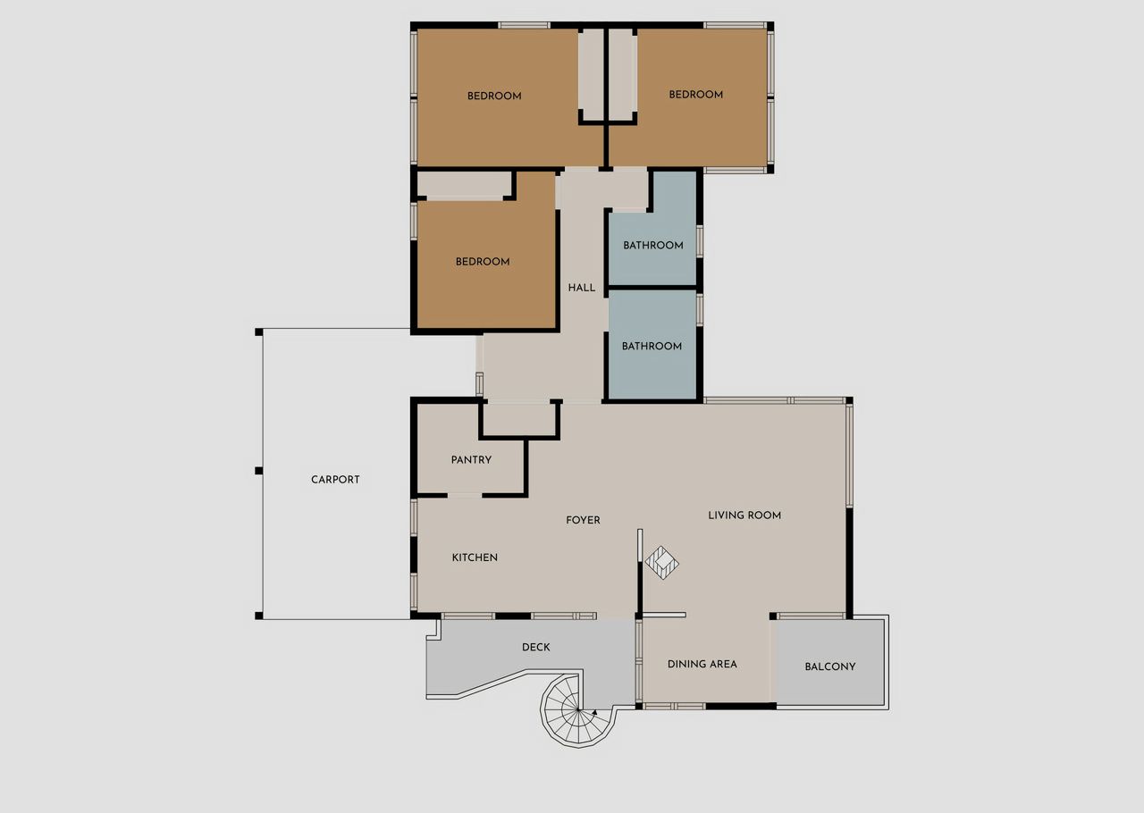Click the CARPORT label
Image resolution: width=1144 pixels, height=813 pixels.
(335, 480)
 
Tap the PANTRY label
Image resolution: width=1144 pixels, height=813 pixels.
(471, 459)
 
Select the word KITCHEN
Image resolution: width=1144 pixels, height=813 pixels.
(475, 557)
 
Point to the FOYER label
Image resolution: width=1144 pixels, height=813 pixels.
(583, 520)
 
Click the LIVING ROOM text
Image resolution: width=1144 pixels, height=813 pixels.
(744, 515)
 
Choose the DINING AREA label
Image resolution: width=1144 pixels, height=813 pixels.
(702, 664)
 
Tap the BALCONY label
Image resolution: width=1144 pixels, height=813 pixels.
(830, 666)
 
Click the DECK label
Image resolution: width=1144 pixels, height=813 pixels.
(535, 647)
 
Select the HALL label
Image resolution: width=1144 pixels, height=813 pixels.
(581, 288)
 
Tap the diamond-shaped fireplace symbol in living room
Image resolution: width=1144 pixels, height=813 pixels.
(662, 563)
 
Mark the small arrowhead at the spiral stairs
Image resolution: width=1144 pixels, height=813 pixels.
(594, 711)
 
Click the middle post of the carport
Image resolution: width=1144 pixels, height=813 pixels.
(259, 470)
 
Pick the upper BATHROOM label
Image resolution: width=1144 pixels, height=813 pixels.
(652, 245)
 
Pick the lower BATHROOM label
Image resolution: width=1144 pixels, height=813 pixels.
(652, 346)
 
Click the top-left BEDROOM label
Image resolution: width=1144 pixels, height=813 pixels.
(494, 96)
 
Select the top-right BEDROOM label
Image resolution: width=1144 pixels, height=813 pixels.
(695, 95)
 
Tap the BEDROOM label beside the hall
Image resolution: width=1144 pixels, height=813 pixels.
(482, 262)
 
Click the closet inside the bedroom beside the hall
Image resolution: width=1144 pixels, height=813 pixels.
(465, 185)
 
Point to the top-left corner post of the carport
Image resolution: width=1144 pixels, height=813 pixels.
(259, 332)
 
